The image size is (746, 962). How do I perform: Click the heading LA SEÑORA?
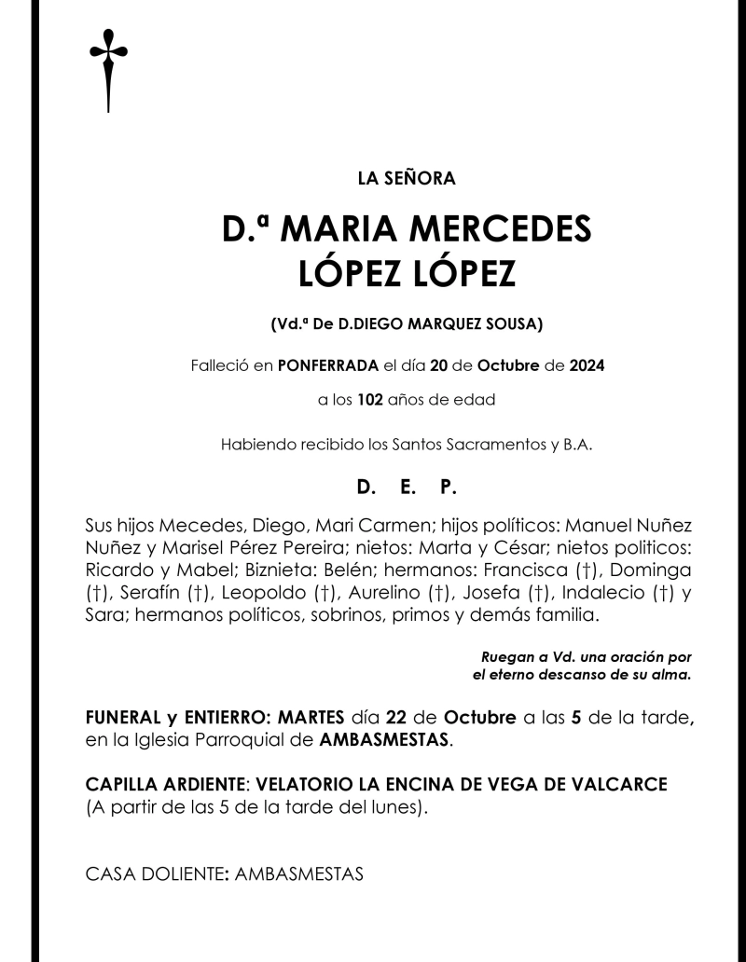point(373,177)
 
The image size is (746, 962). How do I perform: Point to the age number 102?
point(371,402)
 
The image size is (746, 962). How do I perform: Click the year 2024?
point(584,365)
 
